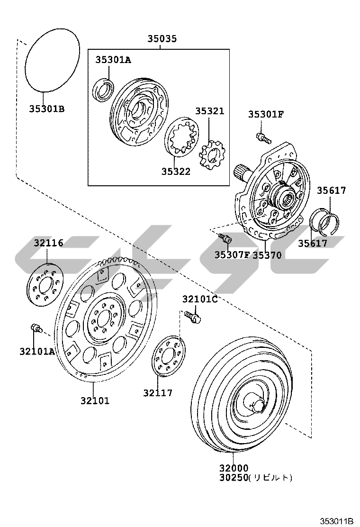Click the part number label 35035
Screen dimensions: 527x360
162,39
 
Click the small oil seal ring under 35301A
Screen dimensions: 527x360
103,91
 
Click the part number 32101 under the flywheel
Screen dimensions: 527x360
95,401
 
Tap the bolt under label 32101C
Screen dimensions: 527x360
193,316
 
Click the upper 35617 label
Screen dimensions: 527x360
331,191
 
